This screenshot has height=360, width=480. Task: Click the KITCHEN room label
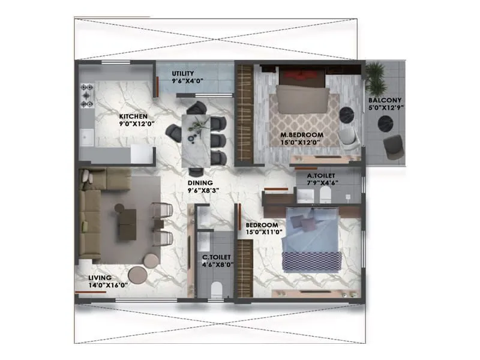[132, 116]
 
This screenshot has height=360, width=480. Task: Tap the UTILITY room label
[183, 74]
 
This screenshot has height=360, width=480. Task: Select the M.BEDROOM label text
[302, 136]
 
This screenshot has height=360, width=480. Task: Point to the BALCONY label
[385, 100]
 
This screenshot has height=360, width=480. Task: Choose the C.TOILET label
[217, 257]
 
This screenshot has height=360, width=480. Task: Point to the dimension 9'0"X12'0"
[137, 124]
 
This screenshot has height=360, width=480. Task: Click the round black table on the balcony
[384, 124]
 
